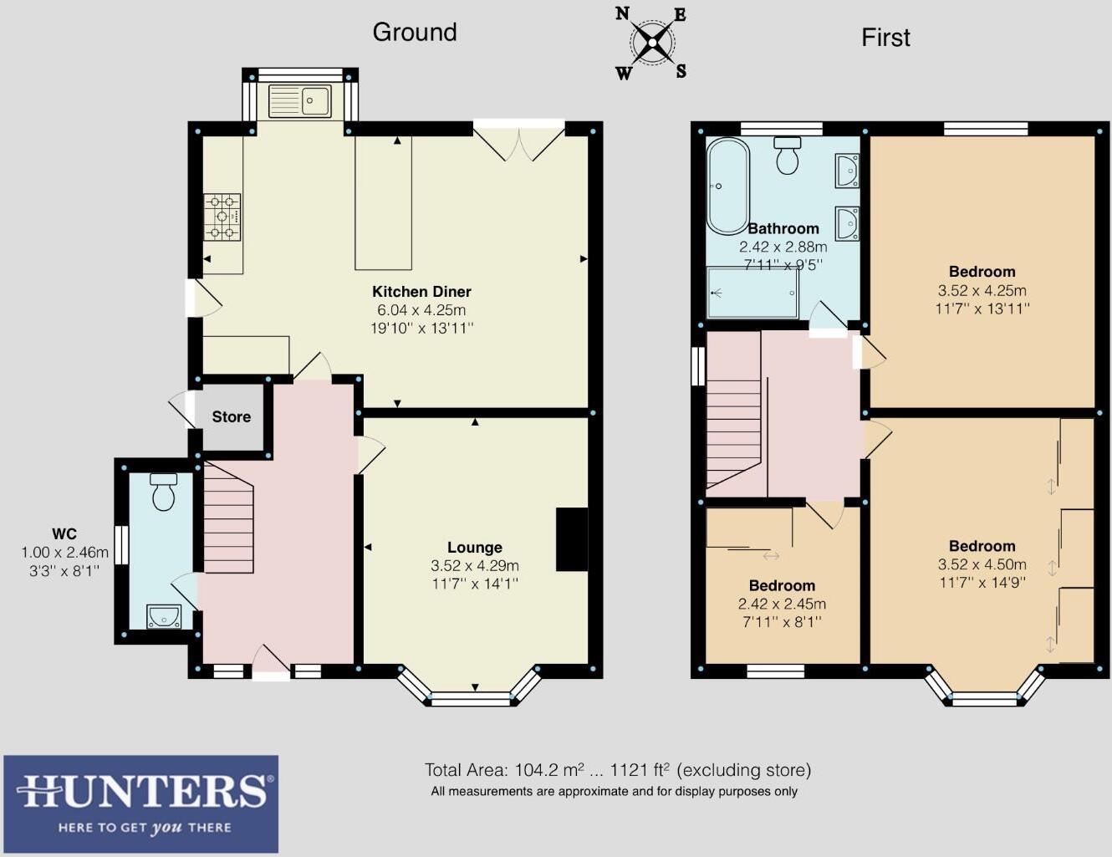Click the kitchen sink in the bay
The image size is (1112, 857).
tap(300, 101)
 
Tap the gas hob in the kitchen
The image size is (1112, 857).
tap(222, 217)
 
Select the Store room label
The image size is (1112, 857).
tap(232, 417)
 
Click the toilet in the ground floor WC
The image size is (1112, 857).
tap(164, 492)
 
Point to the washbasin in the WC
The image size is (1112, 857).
tap(164, 616)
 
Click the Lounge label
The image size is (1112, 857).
tap(475, 548)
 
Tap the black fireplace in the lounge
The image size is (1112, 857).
tap(572, 538)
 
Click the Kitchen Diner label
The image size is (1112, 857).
tap(421, 292)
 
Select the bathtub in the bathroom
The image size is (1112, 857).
tap(728, 186)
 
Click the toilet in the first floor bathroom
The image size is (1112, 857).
tap(788, 155)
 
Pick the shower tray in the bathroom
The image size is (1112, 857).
tap(752, 292)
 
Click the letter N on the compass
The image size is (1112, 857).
tap(623, 14)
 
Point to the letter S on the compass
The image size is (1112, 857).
tap(681, 72)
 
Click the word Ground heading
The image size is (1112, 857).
tap(415, 33)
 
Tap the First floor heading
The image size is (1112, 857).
tap(885, 38)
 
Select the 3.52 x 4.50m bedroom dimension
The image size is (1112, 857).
tap(982, 564)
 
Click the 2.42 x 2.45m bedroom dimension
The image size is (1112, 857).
tap(782, 604)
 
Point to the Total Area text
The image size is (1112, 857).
tap(618, 770)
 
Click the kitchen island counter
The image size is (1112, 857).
tap(383, 202)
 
